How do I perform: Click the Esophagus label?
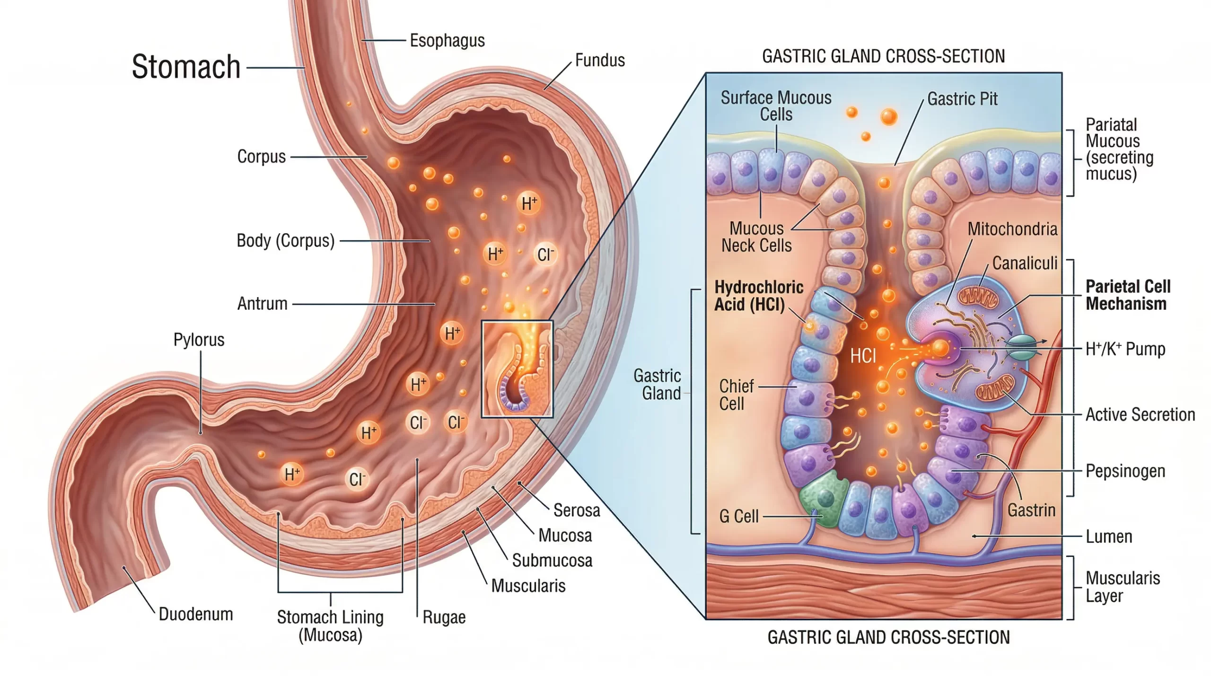pos(447,41)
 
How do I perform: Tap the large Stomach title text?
pos(186,67)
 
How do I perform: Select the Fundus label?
pos(600,61)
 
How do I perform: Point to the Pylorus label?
pos(199,340)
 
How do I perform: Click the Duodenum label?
pos(196,614)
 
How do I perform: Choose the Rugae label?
pos(444,617)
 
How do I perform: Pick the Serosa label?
pos(577,510)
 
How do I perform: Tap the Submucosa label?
pos(552,561)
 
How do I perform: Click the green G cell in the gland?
pos(824,498)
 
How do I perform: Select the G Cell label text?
pos(739,516)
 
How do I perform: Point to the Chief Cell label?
pos(736,395)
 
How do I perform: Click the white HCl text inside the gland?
pos(863,356)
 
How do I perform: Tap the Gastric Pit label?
pos(962,99)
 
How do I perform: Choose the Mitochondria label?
pos(1012,229)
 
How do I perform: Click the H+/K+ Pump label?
pos(1125,349)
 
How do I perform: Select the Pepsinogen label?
pos(1125,471)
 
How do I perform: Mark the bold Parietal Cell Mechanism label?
pos(1128,295)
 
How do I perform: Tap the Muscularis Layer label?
pos(1123,587)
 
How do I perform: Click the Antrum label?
pos(263,304)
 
